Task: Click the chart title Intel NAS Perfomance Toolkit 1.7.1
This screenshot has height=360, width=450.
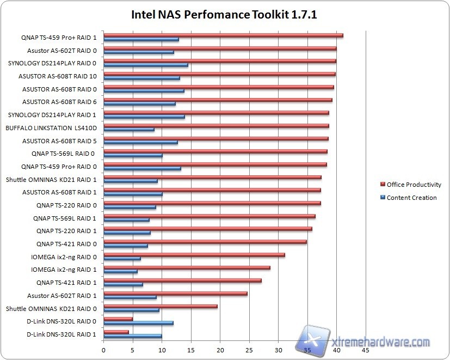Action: click(224, 14)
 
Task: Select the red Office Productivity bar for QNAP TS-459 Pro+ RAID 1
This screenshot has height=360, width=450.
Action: click(223, 35)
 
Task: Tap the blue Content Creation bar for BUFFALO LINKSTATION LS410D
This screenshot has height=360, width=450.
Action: click(129, 130)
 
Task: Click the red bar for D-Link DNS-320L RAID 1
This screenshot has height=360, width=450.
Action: click(116, 332)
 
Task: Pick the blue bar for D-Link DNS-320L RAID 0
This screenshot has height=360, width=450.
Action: click(138, 323)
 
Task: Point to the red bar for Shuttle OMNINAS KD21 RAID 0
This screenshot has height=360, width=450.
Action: click(160, 306)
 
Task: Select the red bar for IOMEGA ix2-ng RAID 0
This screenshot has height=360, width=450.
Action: click(194, 254)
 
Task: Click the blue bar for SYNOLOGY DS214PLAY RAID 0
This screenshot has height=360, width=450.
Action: click(145, 65)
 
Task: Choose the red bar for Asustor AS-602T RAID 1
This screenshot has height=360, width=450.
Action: click(175, 293)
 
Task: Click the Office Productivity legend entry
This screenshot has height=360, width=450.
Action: click(414, 185)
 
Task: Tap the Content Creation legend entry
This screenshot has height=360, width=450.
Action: click(411, 198)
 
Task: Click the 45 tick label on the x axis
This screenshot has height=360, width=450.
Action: click(366, 350)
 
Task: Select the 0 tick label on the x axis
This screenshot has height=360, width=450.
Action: click(103, 350)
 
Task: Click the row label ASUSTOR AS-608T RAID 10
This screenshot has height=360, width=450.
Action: click(57, 76)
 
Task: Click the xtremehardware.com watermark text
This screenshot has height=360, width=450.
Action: click(381, 342)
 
